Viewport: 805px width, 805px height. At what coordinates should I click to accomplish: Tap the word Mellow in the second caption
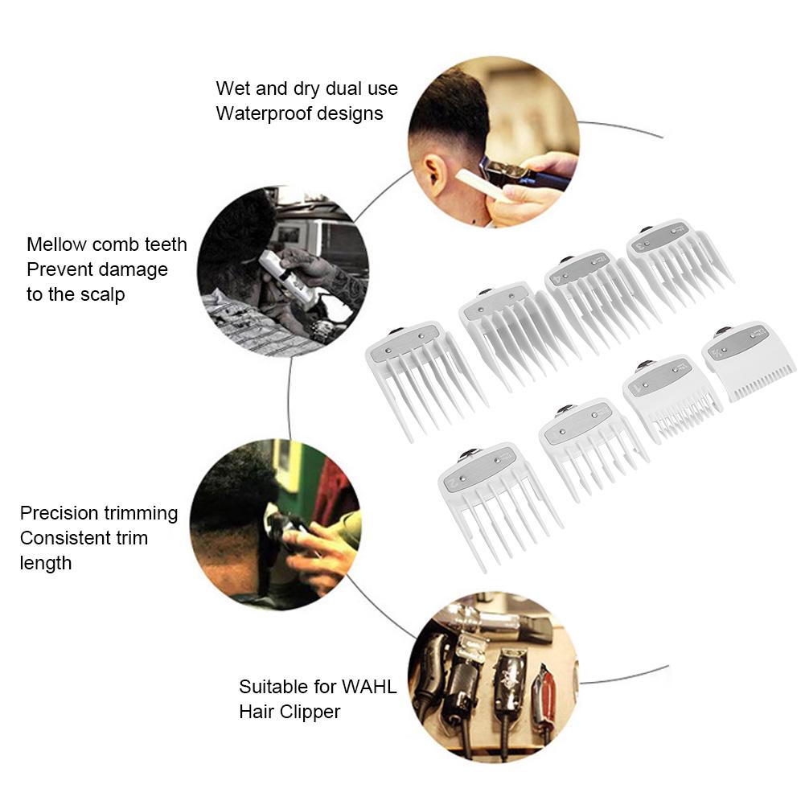point(56,244)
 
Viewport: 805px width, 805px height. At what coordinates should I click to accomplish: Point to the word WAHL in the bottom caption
point(369,687)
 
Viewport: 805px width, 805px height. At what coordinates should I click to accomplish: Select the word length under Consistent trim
point(46,564)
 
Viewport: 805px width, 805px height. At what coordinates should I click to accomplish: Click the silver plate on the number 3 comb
point(659,237)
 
